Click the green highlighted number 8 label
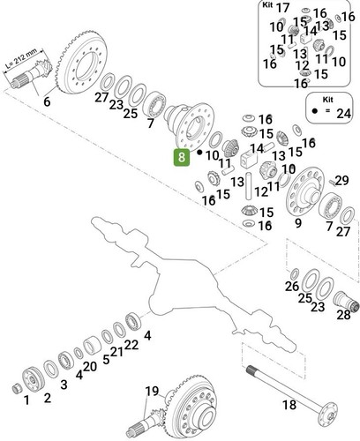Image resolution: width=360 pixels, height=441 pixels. point(182,157)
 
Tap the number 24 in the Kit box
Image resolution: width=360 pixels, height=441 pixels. point(343,114)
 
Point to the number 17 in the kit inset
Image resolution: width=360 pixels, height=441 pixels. point(283,8)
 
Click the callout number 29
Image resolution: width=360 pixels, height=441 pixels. point(341,181)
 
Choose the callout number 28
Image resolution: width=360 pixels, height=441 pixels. point(343,315)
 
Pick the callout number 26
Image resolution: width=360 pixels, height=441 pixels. point(292,286)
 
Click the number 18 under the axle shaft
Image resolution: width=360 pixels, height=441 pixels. point(289,405)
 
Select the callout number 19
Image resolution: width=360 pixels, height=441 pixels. point(152,391)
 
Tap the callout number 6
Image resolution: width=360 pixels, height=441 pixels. point(47,101)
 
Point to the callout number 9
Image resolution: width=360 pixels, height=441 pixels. point(298,223)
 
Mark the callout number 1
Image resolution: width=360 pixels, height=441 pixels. point(26,400)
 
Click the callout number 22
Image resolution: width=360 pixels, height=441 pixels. point(131,345)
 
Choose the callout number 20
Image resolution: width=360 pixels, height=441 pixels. point(90,367)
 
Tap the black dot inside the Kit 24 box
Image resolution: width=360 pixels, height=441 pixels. point(314,111)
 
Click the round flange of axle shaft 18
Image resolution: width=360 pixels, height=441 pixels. point(329,415)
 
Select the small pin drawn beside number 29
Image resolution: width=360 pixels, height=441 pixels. point(332,182)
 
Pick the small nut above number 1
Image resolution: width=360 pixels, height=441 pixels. point(17,388)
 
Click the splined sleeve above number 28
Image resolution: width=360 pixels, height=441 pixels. point(346,302)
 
